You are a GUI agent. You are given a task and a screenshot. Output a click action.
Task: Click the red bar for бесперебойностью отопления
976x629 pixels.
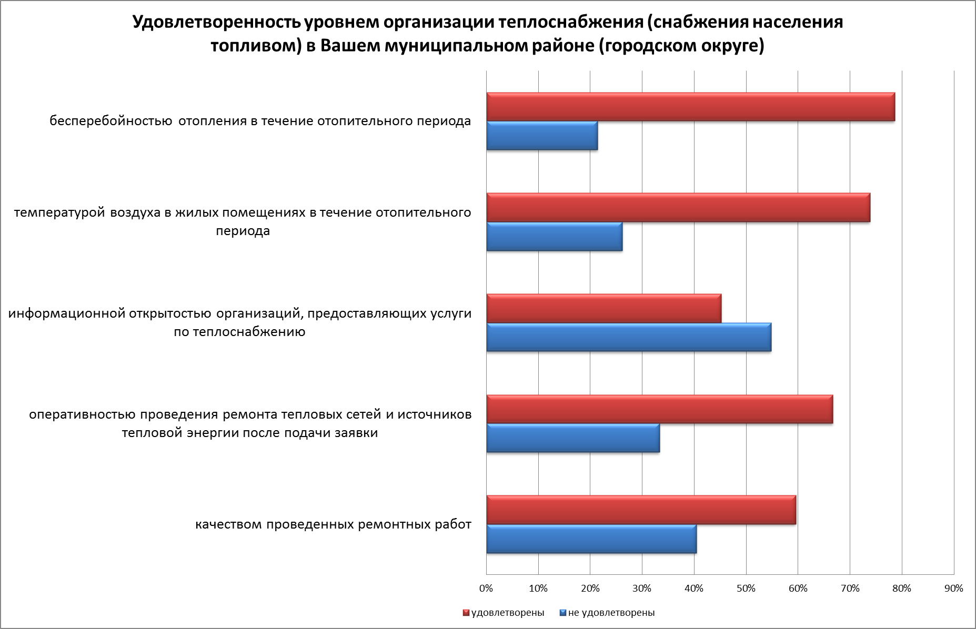pos(690,107)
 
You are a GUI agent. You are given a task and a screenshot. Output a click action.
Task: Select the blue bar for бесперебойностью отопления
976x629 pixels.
pos(542,136)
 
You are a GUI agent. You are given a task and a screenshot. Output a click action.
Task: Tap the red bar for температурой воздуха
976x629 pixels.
pos(678,208)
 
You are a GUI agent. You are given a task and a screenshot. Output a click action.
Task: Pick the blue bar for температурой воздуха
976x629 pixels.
pos(554,237)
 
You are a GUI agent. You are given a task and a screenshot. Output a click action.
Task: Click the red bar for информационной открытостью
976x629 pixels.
pos(603,309)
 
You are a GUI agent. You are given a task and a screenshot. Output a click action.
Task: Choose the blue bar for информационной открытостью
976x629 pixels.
pos(628,338)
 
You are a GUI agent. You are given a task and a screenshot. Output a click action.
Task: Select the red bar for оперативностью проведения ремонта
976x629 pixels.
pos(659,409)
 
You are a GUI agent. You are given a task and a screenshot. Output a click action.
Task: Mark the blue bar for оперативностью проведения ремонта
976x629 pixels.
pos(572,438)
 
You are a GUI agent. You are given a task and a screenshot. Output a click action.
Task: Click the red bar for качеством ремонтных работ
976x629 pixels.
pos(641,510)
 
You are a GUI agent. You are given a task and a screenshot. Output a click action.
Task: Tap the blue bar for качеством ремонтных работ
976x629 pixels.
pos(591,539)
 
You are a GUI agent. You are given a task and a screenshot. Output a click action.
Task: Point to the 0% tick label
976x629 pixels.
pos(487,589)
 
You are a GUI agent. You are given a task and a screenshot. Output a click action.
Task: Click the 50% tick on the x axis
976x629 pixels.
pos(746,589)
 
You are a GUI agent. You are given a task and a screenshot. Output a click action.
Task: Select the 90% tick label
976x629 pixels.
pos(953,589)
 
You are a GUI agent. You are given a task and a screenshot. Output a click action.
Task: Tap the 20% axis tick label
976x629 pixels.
pos(590,589)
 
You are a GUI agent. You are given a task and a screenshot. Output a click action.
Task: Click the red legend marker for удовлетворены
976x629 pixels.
pos(466,613)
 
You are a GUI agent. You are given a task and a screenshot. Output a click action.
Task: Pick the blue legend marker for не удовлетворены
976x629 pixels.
pos(562,613)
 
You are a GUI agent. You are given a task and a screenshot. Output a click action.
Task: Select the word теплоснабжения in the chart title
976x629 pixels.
pos(569,23)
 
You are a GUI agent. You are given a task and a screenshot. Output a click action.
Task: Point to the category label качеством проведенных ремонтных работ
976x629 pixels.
pos(333,525)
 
